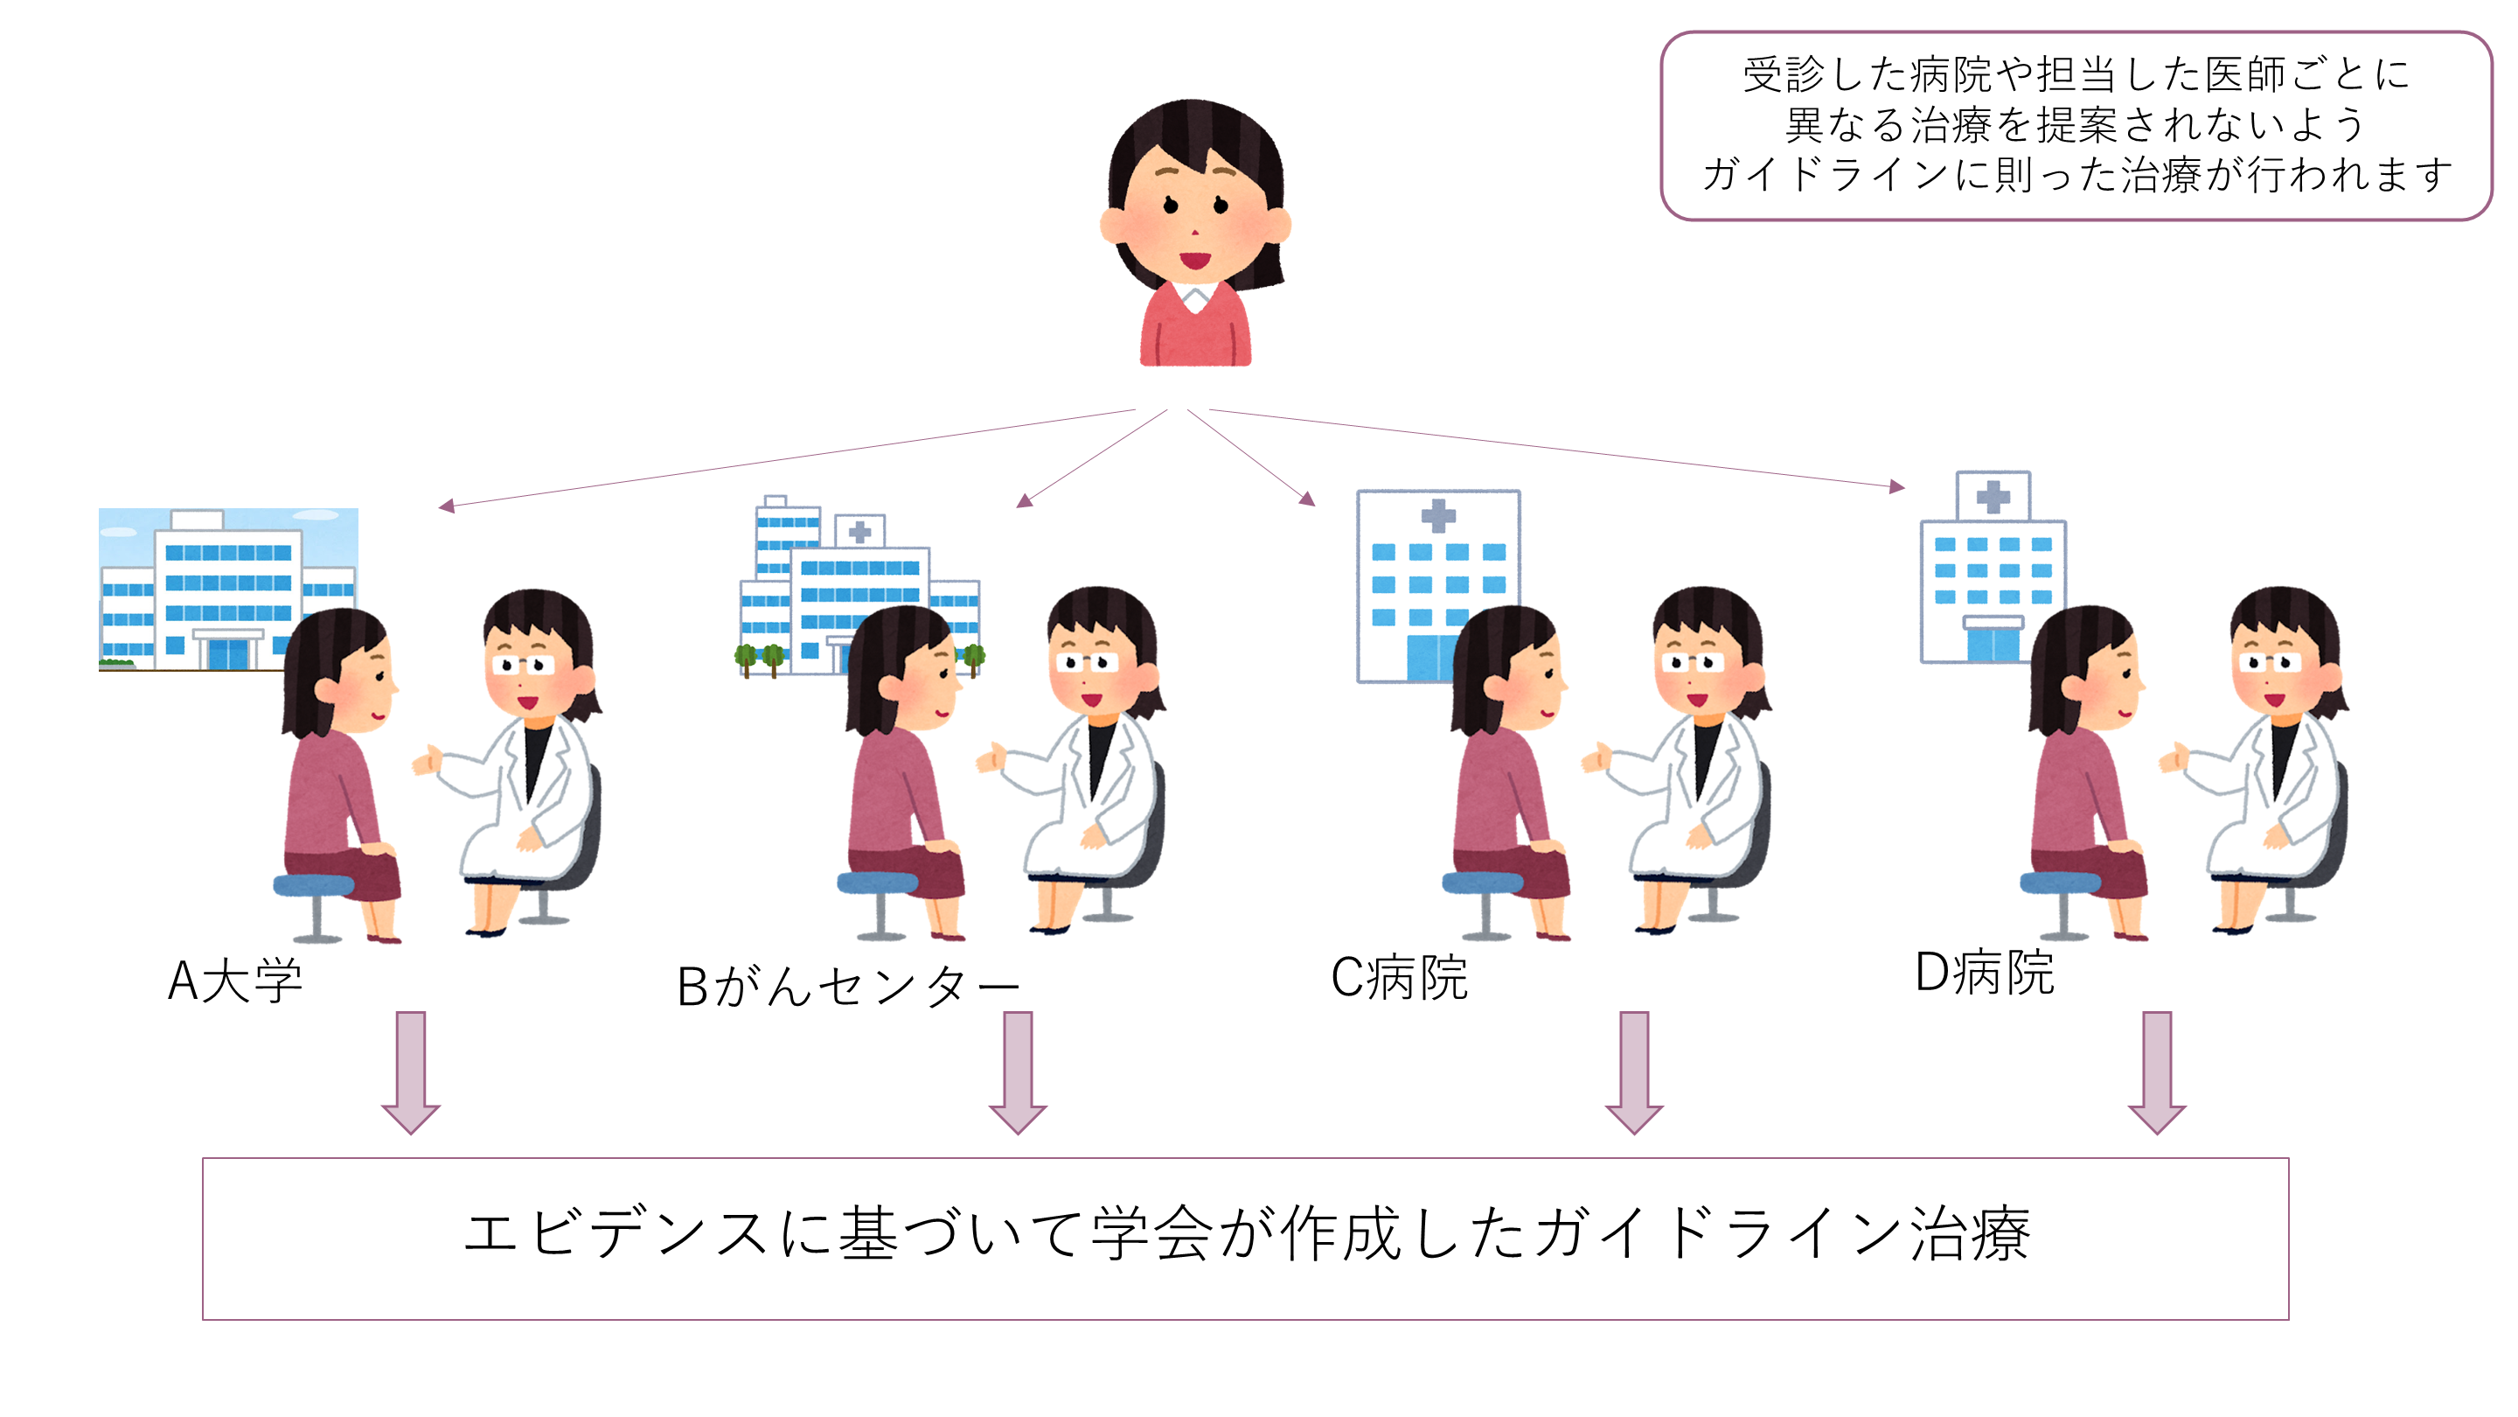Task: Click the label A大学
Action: point(235,981)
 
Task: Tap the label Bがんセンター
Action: point(847,986)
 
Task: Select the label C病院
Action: point(1399,977)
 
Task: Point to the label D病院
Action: point(1985,973)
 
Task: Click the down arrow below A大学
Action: point(411,1072)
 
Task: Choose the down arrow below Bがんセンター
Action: point(1018,1072)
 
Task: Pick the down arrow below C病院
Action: point(1633,1072)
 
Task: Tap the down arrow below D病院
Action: point(2156,1072)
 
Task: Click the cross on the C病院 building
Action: point(1438,515)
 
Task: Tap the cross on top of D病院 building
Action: point(1993,497)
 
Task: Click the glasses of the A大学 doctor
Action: point(524,665)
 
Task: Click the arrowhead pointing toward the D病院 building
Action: point(1897,486)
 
